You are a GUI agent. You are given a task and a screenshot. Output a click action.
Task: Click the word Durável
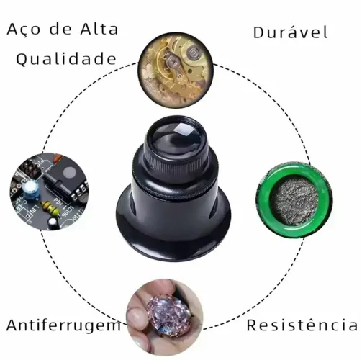291,32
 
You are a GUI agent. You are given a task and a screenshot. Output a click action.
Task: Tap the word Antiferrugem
64,325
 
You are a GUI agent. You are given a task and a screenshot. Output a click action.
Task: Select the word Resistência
302,325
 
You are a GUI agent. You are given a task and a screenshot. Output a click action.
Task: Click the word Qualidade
66,59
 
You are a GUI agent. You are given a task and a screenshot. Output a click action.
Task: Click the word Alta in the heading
99,30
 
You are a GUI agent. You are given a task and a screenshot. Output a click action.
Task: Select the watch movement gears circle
176,70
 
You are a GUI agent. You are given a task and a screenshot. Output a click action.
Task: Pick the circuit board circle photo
49,192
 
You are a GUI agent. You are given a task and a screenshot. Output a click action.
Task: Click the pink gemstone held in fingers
168,313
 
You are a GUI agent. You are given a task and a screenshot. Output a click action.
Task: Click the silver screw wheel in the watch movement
193,52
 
